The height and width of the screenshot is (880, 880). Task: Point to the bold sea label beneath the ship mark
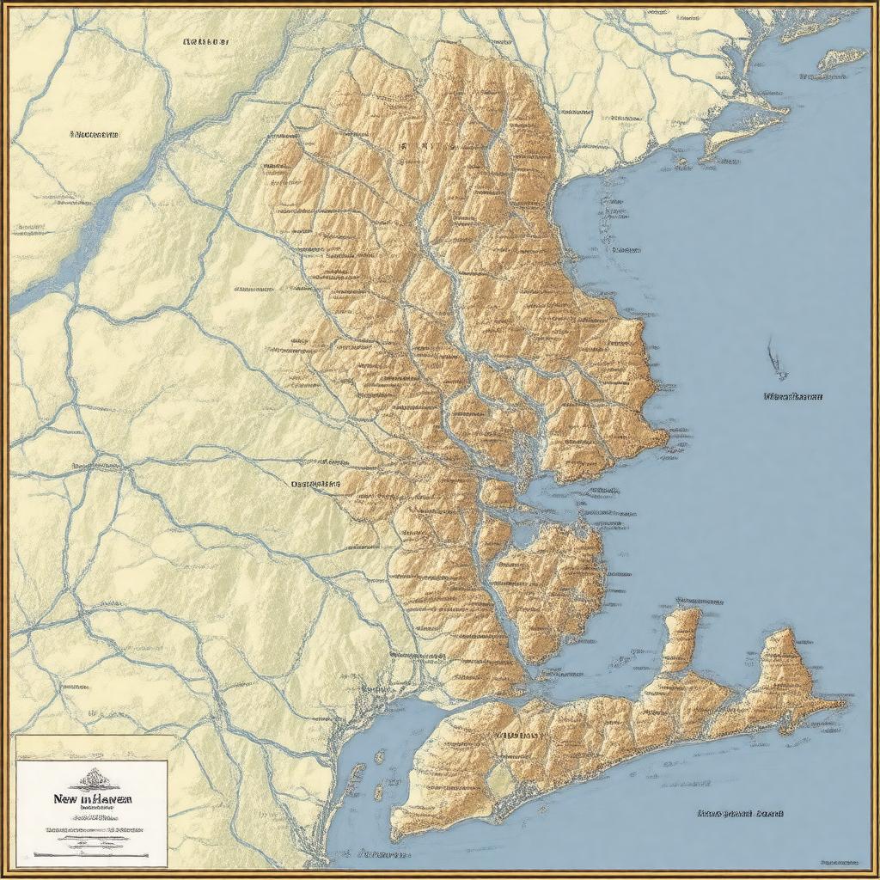(792, 397)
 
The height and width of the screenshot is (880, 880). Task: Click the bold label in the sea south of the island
(731, 812)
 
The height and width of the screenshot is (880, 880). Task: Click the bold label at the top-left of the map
(206, 40)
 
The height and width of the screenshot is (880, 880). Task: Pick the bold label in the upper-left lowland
(95, 135)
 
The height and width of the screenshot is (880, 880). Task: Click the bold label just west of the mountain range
(315, 484)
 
